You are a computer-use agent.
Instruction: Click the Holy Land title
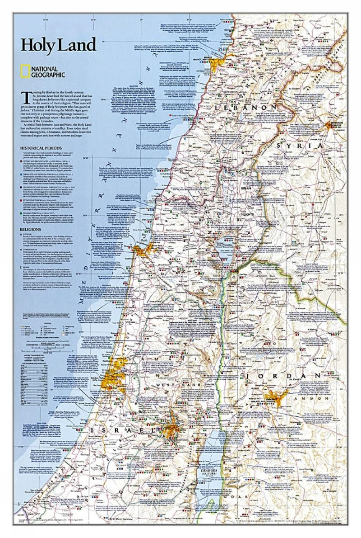[58, 45]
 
